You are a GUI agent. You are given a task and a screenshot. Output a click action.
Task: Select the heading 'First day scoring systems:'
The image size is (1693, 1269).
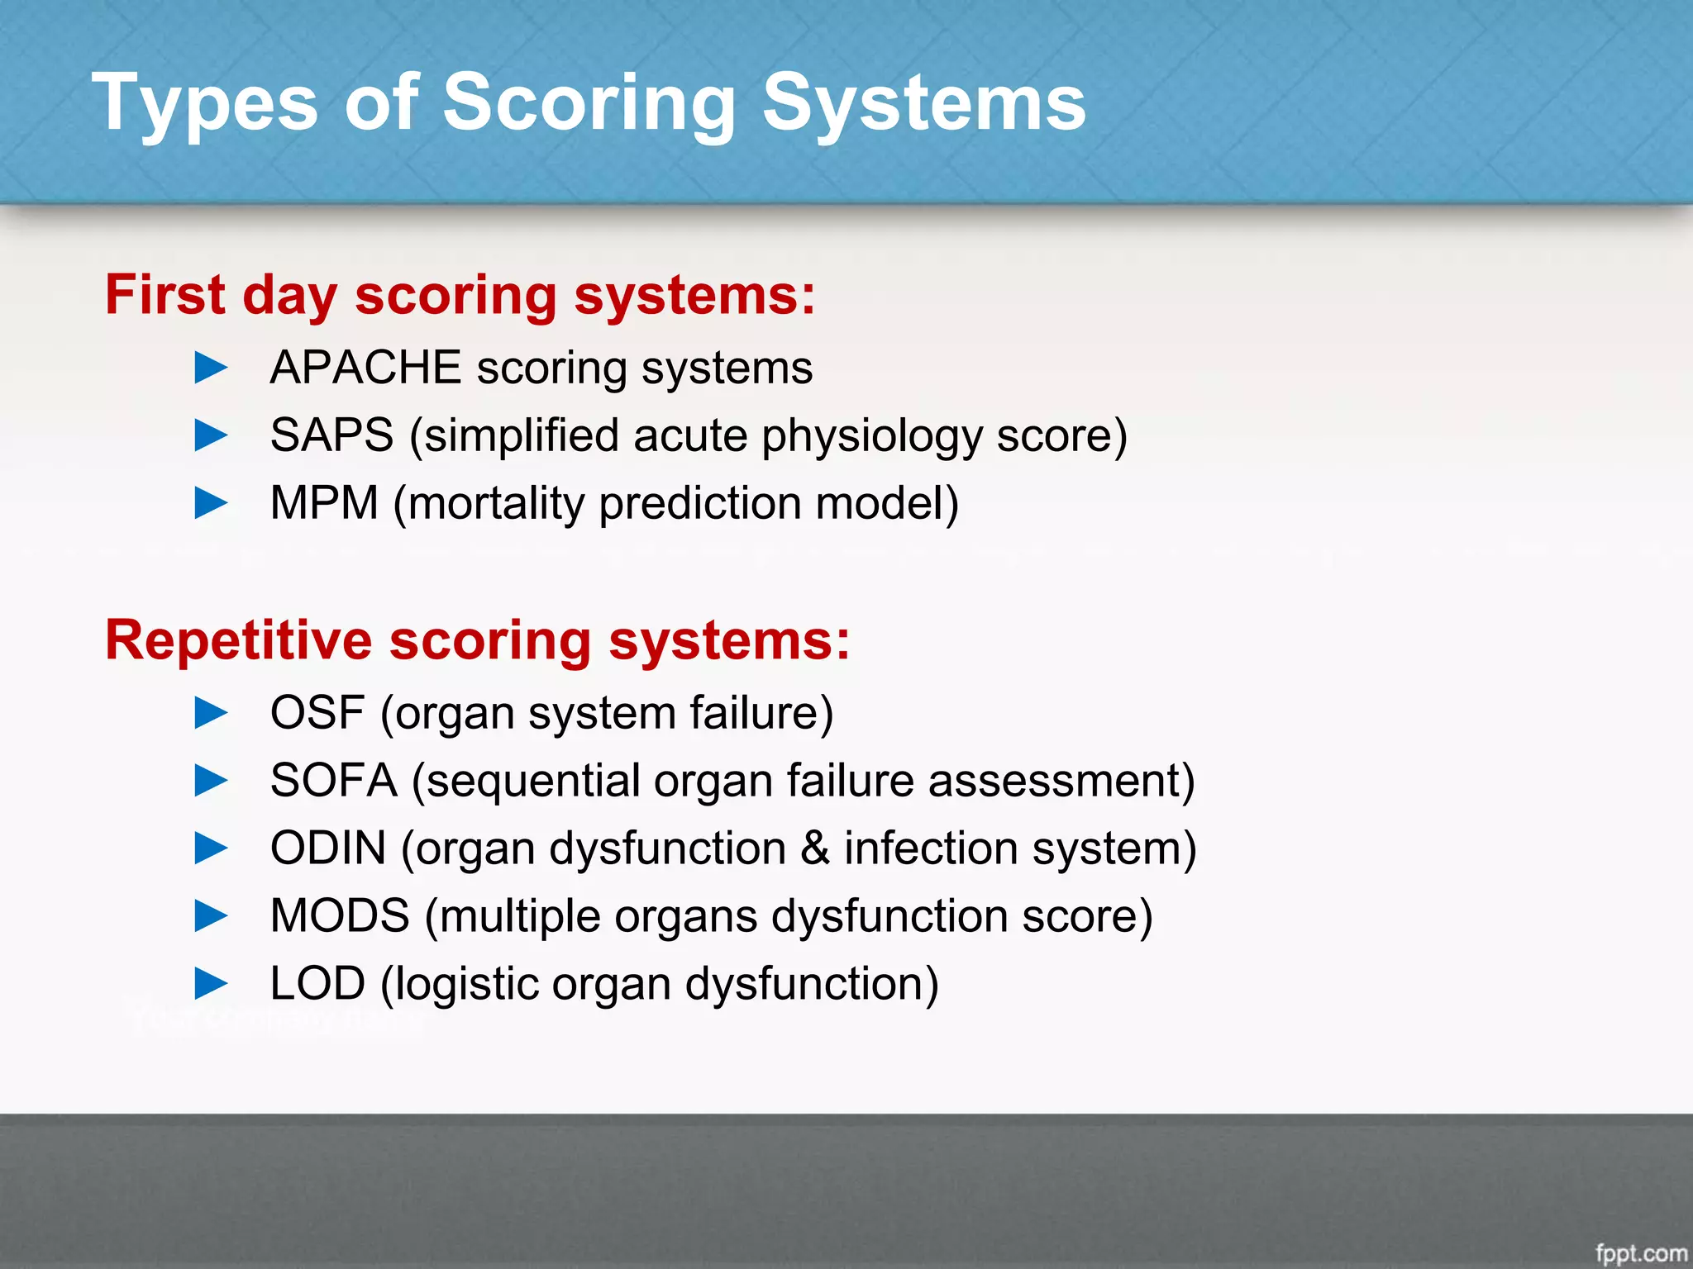(x=460, y=295)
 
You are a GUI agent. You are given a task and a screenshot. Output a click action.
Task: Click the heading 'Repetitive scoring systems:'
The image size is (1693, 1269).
(x=477, y=640)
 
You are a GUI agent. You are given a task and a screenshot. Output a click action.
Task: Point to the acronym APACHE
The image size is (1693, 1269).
(x=365, y=368)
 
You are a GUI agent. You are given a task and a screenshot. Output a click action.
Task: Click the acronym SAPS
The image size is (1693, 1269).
(x=331, y=435)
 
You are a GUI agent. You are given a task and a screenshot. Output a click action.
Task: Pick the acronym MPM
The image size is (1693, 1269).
(x=324, y=503)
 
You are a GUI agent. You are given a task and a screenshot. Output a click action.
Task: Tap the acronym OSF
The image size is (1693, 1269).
(x=317, y=713)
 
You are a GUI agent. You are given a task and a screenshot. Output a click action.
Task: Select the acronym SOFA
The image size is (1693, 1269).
(x=334, y=781)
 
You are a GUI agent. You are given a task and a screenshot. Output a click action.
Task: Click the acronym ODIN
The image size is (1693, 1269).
(x=328, y=848)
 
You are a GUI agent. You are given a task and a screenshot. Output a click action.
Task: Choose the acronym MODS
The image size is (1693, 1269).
(x=340, y=916)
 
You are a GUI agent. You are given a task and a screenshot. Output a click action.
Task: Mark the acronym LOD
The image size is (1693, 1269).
(x=317, y=984)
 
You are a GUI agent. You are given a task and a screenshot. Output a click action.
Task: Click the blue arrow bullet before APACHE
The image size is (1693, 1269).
(x=211, y=368)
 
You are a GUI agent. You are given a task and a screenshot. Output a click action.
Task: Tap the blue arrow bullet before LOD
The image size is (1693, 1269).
(x=211, y=983)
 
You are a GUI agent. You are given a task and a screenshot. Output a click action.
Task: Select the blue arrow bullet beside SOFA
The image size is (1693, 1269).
(x=211, y=781)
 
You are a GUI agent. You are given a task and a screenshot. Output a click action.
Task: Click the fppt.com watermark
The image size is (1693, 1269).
(x=1641, y=1253)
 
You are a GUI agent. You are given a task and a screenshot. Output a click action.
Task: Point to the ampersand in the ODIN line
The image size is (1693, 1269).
(x=814, y=848)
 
